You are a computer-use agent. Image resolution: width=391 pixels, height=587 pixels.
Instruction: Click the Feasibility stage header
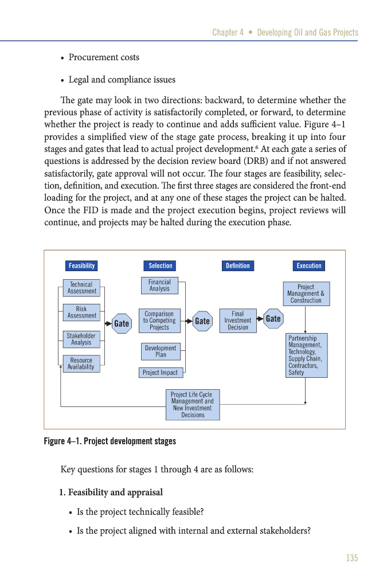[81, 266]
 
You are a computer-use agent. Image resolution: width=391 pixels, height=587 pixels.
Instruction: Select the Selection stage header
[161, 266]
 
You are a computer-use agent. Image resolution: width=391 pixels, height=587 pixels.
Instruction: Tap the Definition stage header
[237, 266]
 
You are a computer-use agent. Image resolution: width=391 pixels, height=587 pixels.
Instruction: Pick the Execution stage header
[309, 266]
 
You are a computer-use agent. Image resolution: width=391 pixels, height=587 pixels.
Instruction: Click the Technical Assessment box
[81, 288]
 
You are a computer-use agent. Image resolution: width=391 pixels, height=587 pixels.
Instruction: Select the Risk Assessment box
[81, 312]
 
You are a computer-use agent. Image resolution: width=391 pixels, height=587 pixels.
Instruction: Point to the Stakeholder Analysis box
[81, 339]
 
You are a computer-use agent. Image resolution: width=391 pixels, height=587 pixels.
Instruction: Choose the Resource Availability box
[81, 364]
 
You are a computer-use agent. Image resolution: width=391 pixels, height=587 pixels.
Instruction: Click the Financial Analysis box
[159, 285]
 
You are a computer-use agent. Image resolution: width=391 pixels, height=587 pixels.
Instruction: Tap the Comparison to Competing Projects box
[159, 321]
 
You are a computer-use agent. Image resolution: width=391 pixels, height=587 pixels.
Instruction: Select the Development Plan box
[161, 351]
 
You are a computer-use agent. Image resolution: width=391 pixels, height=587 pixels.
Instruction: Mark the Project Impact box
[161, 373]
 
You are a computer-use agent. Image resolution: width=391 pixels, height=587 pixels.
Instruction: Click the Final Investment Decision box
[238, 321]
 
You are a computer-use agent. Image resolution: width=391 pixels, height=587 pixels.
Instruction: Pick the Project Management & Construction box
[306, 293]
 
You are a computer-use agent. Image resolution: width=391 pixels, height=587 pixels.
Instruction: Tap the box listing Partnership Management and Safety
[307, 355]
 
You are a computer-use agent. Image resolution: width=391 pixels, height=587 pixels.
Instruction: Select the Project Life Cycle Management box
[193, 405]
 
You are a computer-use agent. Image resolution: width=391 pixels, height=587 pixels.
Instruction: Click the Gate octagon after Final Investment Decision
[273, 319]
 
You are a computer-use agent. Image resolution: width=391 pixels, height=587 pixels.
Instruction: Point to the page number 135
[351, 558]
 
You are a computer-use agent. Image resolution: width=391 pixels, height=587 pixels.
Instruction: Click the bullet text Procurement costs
[104, 57]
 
